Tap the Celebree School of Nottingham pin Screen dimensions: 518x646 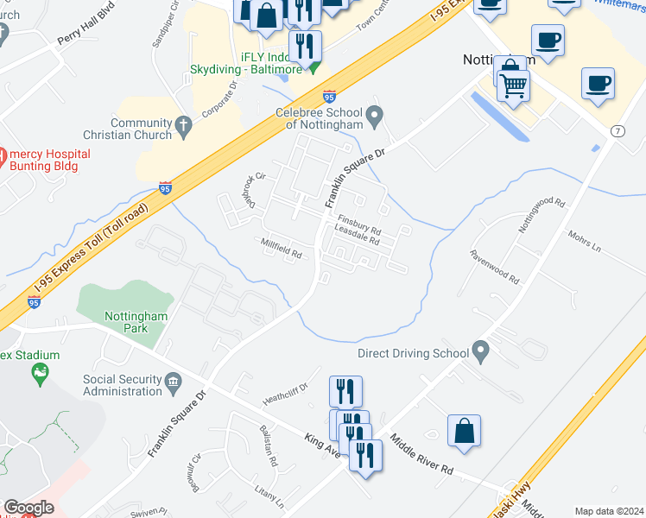tap(374, 115)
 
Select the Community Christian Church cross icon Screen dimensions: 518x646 tap(182, 128)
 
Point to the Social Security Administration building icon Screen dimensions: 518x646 tap(173, 381)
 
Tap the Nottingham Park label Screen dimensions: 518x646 tap(136, 322)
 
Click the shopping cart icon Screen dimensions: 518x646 tap(514, 85)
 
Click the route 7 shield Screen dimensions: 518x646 tap(617, 130)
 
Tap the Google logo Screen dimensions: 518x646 tap(28, 507)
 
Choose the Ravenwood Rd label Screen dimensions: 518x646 tap(494, 267)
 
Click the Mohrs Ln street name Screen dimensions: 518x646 tap(584, 241)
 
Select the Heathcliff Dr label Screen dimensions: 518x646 tap(285, 394)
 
